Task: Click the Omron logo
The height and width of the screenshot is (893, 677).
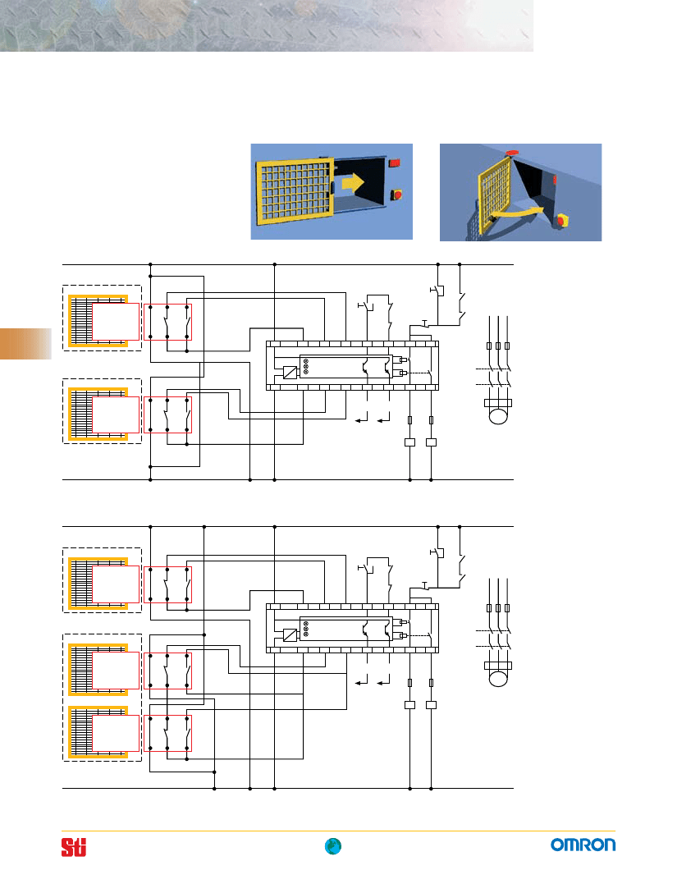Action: (x=583, y=845)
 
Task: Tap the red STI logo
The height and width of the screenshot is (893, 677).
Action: (x=74, y=847)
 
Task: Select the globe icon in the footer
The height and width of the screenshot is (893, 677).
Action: (x=333, y=846)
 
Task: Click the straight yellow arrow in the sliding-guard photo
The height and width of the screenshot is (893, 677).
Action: (x=352, y=183)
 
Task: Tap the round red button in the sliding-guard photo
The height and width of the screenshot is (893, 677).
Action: (x=396, y=195)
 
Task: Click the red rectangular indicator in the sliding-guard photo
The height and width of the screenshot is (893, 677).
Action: (x=394, y=163)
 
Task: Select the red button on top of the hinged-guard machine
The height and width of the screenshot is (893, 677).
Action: (x=511, y=153)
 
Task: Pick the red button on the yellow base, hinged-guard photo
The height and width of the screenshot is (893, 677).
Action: (x=563, y=220)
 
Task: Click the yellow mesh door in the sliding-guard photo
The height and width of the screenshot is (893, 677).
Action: (x=295, y=190)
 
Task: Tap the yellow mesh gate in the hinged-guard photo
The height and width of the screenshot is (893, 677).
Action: (x=493, y=195)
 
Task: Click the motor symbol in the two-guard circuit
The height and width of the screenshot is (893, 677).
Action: (x=497, y=410)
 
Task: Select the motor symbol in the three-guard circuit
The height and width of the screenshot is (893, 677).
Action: (x=497, y=673)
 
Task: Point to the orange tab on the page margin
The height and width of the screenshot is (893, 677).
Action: (x=25, y=343)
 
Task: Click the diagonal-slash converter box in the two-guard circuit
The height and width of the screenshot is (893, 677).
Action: (x=290, y=373)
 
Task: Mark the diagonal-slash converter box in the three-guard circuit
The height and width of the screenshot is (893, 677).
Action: (x=290, y=635)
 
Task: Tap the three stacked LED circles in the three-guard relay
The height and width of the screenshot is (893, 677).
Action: (x=306, y=629)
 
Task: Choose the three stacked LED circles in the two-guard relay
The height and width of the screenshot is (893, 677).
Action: (x=306, y=366)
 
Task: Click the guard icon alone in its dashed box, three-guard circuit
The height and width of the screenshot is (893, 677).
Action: (x=102, y=580)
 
